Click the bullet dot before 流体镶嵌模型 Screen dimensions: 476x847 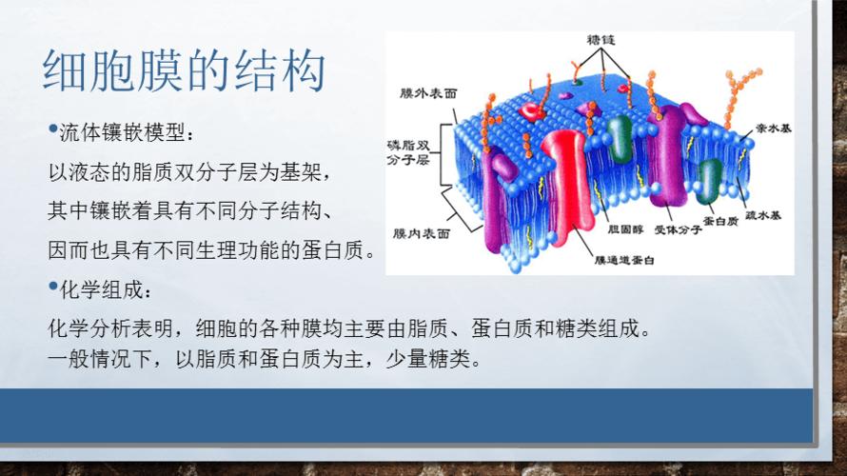tap(52, 127)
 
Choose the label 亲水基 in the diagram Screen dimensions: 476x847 tap(770, 126)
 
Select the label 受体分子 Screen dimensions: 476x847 tap(673, 229)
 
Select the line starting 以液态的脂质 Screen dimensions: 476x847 tap(190, 172)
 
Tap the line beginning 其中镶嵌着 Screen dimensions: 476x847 tap(190, 211)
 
